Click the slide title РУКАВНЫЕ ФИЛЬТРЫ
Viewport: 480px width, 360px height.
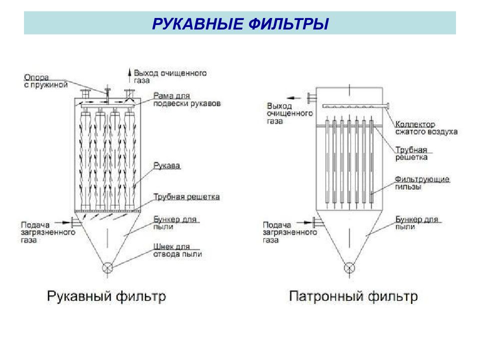click(x=240, y=23)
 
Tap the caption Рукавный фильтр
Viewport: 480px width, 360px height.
click(x=106, y=296)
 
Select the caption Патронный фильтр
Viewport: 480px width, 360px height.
click(x=353, y=296)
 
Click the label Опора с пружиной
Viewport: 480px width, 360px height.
click(x=45, y=81)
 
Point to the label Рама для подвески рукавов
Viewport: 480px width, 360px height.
click(x=186, y=99)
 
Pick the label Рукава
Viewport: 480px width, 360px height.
click(x=167, y=165)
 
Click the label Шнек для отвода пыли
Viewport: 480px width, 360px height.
click(x=177, y=250)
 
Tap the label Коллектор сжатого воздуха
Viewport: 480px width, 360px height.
click(x=426, y=128)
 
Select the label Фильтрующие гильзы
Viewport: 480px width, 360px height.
click(x=422, y=183)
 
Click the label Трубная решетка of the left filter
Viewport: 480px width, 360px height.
click(x=186, y=196)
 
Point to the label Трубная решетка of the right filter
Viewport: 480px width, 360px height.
click(x=411, y=153)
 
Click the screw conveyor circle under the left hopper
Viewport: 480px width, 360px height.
click(x=107, y=268)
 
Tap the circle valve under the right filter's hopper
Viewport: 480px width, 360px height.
click(x=349, y=268)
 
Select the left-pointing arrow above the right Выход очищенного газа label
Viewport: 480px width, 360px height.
click(x=294, y=98)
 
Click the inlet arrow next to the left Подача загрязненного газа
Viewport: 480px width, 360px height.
click(x=63, y=222)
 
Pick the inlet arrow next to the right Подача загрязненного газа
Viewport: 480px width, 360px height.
click(x=304, y=222)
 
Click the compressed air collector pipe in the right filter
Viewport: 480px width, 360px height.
click(x=355, y=106)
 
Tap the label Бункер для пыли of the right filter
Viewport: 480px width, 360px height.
click(x=416, y=223)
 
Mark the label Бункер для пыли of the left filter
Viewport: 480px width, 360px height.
click(x=175, y=223)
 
